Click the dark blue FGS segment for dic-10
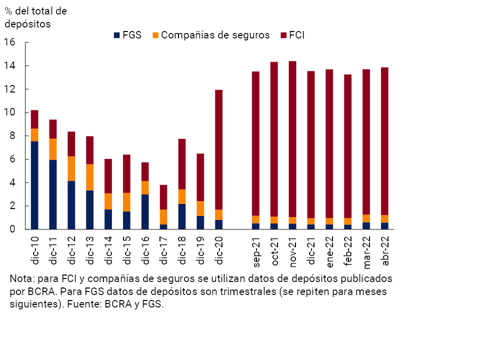click(x=34, y=185)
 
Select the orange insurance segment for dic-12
click(x=71, y=168)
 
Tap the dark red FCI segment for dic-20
click(x=218, y=149)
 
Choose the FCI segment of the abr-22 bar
click(x=384, y=141)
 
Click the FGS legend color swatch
click(x=117, y=35)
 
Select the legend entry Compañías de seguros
click(x=215, y=35)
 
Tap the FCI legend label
click(x=297, y=35)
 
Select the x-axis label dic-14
click(x=108, y=250)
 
